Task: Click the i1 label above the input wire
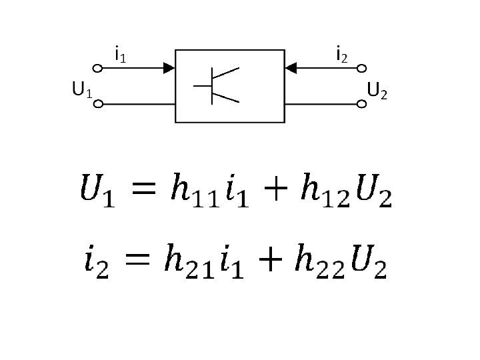tap(121, 53)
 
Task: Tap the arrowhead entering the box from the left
tap(169, 67)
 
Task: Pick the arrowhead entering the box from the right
tap(291, 67)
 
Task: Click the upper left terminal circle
tap(97, 67)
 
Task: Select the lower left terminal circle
tap(97, 104)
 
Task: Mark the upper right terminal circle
tap(362, 67)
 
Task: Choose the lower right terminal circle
tap(362, 104)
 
